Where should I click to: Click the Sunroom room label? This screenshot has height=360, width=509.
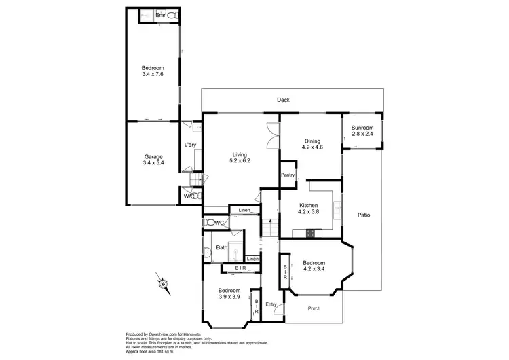click(362, 128)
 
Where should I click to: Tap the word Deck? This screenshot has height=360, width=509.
click(283, 101)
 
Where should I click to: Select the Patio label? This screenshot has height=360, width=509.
click(364, 215)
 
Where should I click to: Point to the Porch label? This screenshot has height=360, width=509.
click(314, 308)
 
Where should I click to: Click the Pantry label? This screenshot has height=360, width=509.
click(288, 175)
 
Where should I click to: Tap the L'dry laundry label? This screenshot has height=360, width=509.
click(191, 145)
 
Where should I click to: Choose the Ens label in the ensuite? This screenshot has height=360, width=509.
click(160, 14)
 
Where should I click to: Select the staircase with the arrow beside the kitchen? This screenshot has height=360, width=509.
click(269, 228)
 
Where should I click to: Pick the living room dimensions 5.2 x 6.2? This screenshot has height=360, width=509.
click(241, 161)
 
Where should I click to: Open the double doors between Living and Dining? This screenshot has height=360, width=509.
click(273, 134)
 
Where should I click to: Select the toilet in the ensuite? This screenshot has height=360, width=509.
click(172, 14)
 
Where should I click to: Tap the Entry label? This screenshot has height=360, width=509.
click(271, 304)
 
